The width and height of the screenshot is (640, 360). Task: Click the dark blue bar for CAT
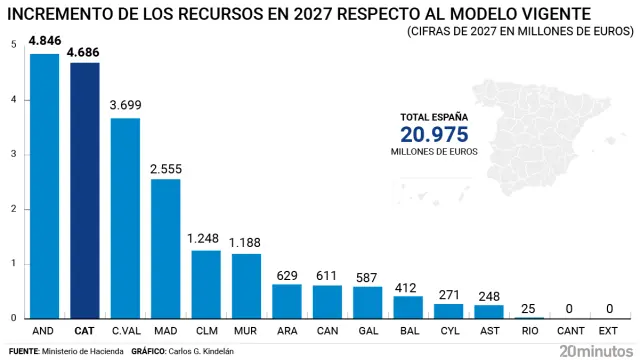84,190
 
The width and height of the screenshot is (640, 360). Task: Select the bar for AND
44,186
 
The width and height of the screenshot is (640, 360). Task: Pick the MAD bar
165,248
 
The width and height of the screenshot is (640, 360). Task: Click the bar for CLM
206,284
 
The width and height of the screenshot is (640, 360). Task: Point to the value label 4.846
44,41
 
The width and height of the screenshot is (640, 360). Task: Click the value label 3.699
125,105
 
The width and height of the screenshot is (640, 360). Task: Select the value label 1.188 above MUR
246,242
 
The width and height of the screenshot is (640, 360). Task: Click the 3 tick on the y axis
12,155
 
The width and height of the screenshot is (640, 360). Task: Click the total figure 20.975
434,135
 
